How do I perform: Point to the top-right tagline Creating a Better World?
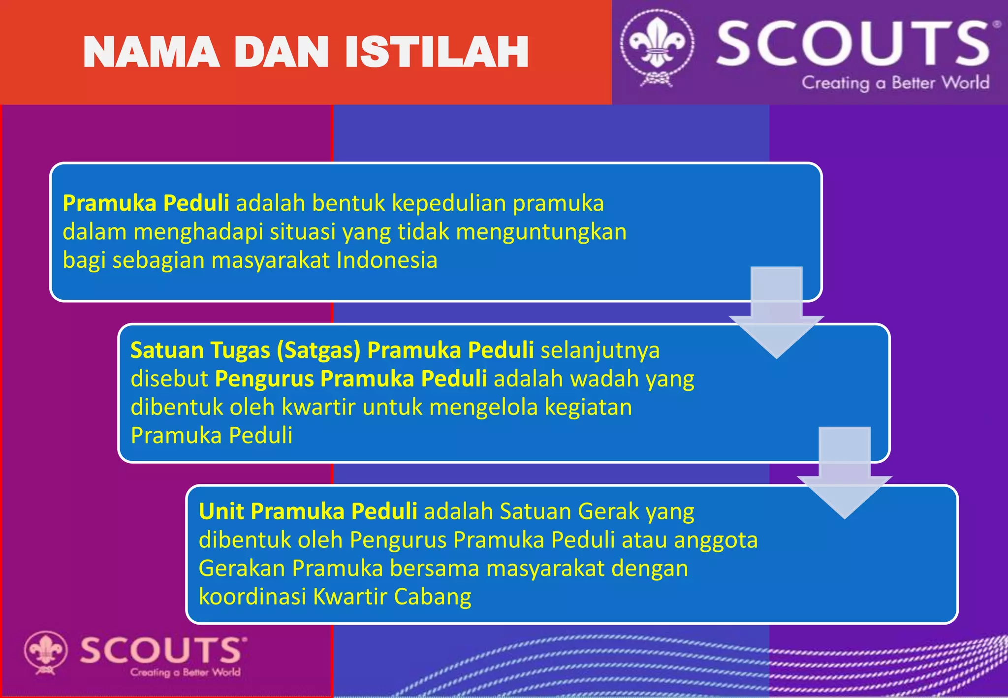point(895,83)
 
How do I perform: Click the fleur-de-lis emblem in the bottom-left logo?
point(45,651)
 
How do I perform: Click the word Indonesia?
point(387,260)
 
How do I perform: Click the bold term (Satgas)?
point(318,350)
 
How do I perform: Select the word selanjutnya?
point(600,350)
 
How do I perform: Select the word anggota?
point(716,540)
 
